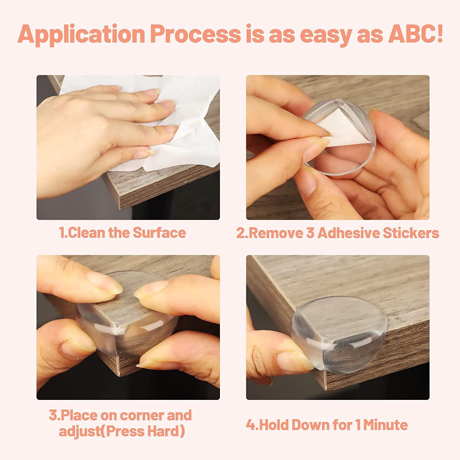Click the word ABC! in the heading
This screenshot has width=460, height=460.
point(415,34)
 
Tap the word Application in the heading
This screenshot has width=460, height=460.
point(81,34)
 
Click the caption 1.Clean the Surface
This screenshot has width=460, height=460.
point(122,233)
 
